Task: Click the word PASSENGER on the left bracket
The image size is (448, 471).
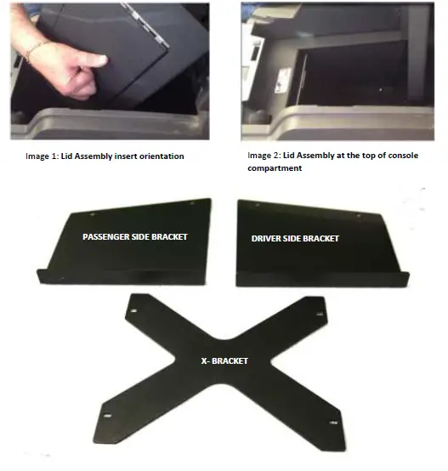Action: (107, 236)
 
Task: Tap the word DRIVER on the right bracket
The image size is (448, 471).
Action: (269, 238)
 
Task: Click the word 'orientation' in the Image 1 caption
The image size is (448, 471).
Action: (162, 156)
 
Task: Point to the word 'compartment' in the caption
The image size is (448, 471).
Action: (274, 168)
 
